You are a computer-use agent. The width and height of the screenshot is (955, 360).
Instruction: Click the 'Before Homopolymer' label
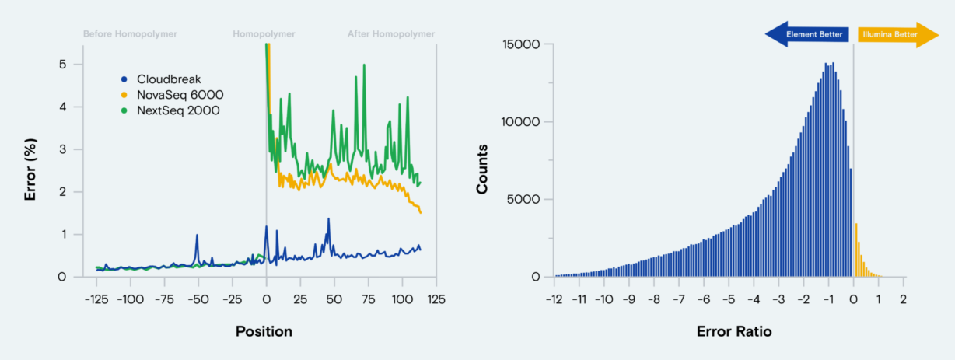coord(130,34)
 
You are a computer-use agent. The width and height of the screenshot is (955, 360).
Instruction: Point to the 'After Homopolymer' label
coord(391,34)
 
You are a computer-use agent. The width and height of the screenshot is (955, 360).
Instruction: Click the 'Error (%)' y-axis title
coord(31,170)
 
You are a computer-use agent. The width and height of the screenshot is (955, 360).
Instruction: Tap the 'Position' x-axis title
coord(264,332)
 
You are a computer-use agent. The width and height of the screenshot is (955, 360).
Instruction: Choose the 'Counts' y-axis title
coord(483,167)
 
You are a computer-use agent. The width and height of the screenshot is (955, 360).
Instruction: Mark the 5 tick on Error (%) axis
coord(63,64)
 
